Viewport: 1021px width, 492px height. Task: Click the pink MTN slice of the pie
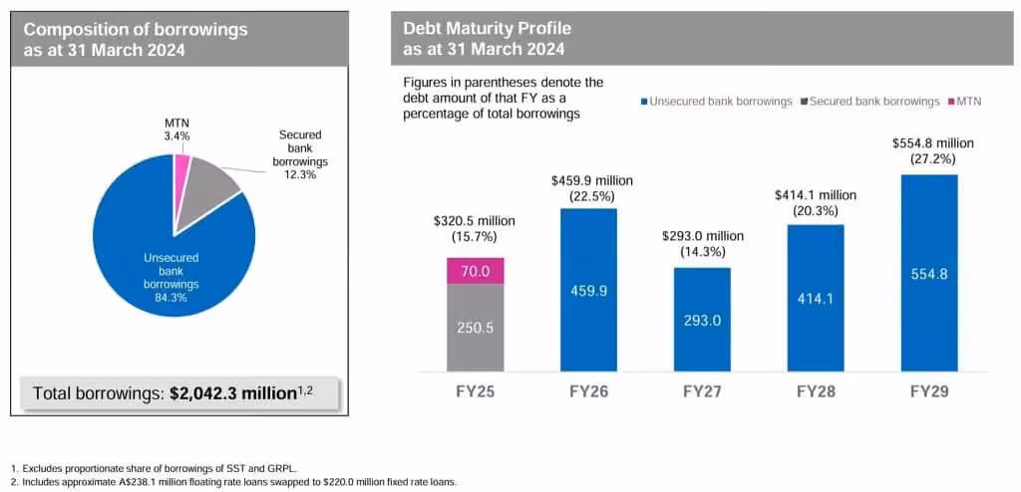click(181, 168)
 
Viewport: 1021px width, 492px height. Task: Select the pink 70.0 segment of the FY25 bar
click(475, 271)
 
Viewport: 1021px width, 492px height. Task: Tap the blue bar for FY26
click(588, 290)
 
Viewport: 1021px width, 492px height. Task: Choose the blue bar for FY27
click(702, 320)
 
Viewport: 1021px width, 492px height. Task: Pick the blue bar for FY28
click(816, 298)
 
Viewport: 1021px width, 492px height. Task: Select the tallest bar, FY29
click(928, 273)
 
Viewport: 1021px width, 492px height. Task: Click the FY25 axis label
click(475, 391)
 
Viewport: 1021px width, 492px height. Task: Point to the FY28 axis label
click(816, 391)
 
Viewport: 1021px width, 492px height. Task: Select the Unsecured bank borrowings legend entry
click(716, 102)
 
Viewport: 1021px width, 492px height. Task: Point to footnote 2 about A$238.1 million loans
click(234, 482)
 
